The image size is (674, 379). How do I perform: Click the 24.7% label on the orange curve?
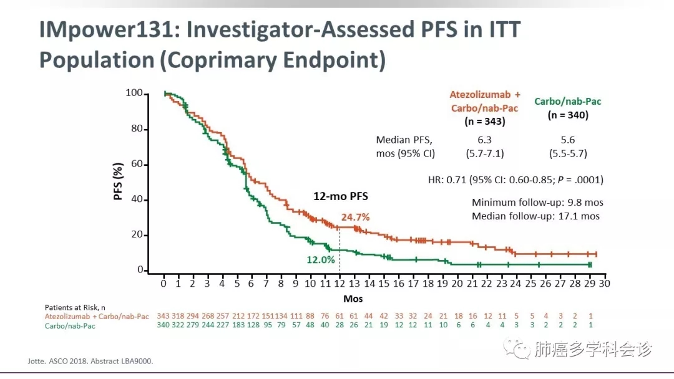point(355,218)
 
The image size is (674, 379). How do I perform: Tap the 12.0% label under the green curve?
point(320,259)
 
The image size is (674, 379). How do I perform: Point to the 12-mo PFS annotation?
point(340,196)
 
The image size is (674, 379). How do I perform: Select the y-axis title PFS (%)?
point(118,181)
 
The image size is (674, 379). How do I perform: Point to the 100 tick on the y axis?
point(134,94)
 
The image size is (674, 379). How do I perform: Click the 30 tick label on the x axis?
point(604,284)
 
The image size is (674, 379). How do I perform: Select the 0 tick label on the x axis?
point(164,284)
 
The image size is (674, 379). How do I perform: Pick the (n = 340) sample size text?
point(568,115)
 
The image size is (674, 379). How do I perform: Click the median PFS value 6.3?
point(484,140)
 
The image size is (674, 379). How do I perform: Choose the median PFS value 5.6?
point(568,140)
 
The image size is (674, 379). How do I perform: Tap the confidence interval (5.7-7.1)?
point(484,153)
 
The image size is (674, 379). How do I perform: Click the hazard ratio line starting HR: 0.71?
point(515,180)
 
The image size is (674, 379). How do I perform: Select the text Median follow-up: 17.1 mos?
point(535,216)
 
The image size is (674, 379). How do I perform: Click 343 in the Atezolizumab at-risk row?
point(164,316)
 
